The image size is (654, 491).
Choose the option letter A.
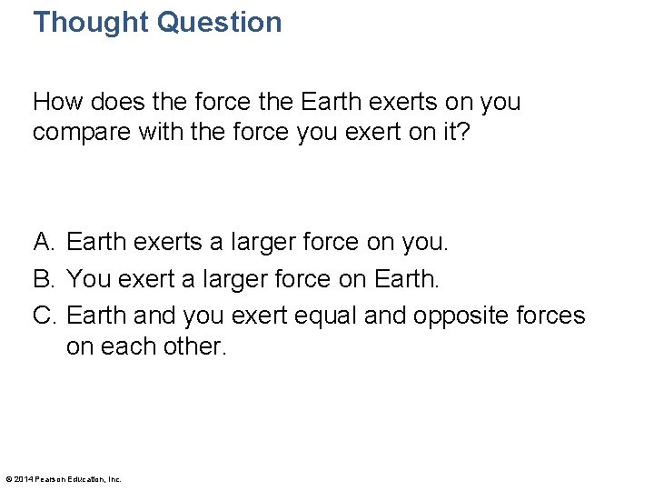coord(44,242)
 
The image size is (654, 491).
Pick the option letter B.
coord(44,278)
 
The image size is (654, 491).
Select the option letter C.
coord(45,315)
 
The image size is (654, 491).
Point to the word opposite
coord(463,316)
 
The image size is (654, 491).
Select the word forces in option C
coord(553,315)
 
